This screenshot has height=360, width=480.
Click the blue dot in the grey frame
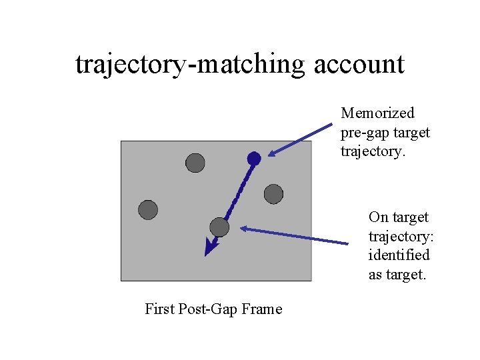[x=254, y=158]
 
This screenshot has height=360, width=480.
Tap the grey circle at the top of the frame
[x=195, y=162]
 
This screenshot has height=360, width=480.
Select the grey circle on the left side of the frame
[x=148, y=210]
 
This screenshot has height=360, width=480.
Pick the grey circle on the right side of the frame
[x=273, y=194]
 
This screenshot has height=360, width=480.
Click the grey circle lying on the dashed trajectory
[x=219, y=227]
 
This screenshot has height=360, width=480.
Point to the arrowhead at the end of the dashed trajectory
[x=210, y=249]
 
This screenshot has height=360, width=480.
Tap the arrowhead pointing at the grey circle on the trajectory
[x=245, y=229]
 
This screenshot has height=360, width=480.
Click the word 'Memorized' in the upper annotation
[x=377, y=113]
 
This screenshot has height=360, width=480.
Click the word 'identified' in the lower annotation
[x=399, y=255]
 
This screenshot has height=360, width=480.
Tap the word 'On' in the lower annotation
[x=379, y=217]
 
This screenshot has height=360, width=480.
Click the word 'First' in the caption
[x=161, y=309]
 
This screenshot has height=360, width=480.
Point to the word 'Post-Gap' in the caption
[x=212, y=309]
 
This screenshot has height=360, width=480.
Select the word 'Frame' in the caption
[x=263, y=309]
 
